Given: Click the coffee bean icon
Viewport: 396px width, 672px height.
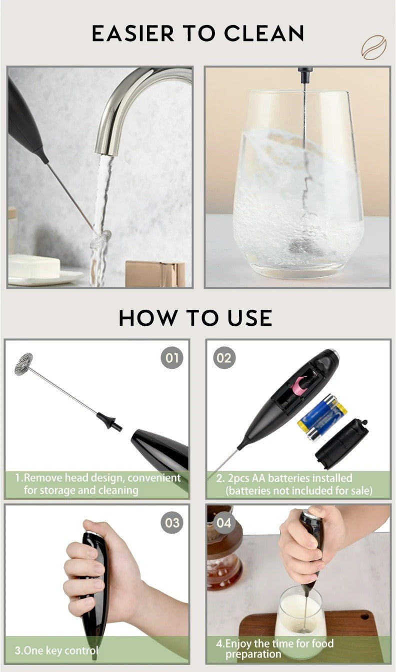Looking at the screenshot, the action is pyautogui.click(x=374, y=47).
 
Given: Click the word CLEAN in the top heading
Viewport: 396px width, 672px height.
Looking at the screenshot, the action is pyautogui.click(x=264, y=33).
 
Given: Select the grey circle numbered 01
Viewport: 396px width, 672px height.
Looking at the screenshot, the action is pyautogui.click(x=172, y=358).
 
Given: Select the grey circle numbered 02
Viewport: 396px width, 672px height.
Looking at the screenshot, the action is pyautogui.click(x=224, y=358).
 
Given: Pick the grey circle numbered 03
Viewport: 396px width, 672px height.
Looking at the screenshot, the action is pyautogui.click(x=172, y=523).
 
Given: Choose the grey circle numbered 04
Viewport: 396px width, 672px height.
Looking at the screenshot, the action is pyautogui.click(x=224, y=523).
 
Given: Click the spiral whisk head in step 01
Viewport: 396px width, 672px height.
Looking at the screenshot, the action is pyautogui.click(x=23, y=364).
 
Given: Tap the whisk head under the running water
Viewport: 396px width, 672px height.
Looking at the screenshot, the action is pyautogui.click(x=101, y=238).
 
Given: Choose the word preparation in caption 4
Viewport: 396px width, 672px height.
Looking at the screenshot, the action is pyautogui.click(x=253, y=654).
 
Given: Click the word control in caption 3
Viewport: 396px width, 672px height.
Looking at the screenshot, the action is pyautogui.click(x=81, y=651).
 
